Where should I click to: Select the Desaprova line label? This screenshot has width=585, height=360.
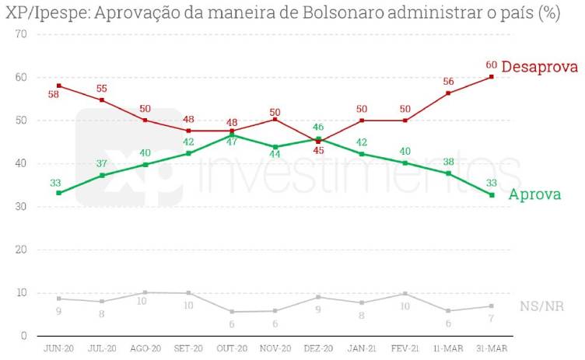click(539, 68)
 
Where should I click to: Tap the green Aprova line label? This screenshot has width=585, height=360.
click(534, 195)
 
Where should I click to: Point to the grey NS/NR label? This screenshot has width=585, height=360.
click(541, 306)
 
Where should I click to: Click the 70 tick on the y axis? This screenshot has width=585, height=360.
click(21, 35)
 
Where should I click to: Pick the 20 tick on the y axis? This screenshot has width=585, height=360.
click(21, 250)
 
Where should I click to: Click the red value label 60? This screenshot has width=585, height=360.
click(491, 65)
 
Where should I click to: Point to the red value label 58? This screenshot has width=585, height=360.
click(53, 95)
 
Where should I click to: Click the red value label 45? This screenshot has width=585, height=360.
click(317, 151)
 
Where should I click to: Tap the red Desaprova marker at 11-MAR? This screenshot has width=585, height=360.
click(448, 93)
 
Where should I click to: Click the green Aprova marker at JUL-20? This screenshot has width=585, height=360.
click(102, 176)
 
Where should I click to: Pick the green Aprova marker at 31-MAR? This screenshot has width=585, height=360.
click(492, 195)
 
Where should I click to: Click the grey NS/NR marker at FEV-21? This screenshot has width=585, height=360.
click(405, 294)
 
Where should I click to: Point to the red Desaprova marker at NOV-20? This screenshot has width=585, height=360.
click(275, 119)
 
